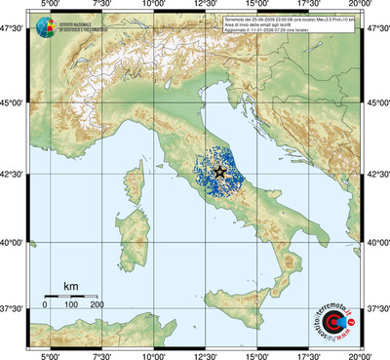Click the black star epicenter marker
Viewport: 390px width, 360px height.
pyautogui.click(x=219, y=172)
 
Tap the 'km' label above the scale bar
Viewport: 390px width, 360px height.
pyautogui.click(x=71, y=286)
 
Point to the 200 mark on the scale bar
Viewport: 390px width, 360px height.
pyautogui.click(x=97, y=304)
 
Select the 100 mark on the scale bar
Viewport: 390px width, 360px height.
pyautogui.click(x=71, y=304)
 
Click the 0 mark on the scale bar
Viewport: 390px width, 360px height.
pyautogui.click(x=46, y=304)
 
